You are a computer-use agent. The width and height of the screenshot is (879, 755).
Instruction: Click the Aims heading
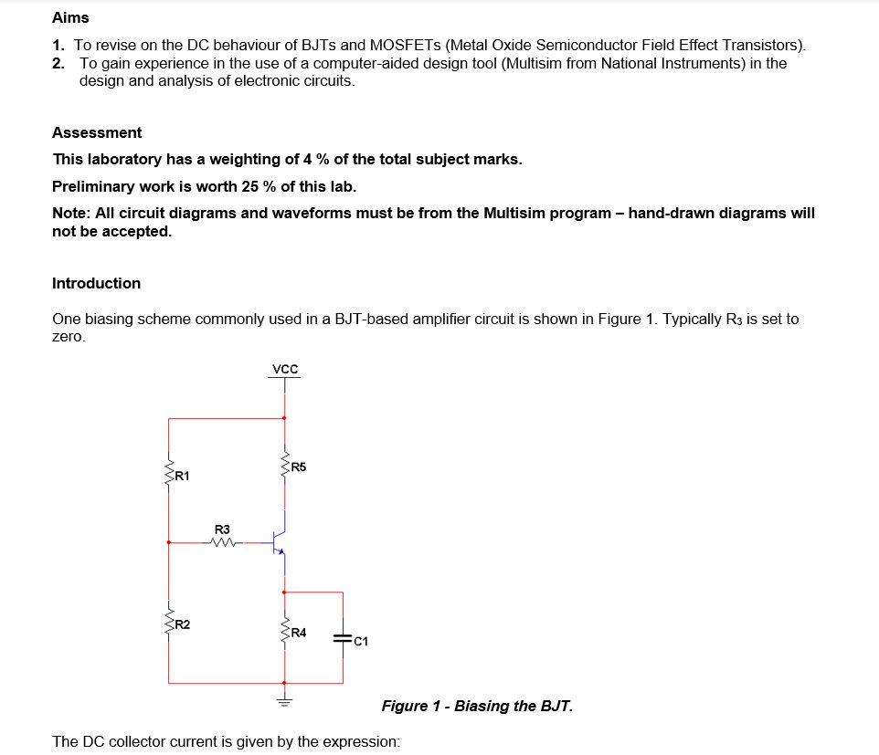click(70, 17)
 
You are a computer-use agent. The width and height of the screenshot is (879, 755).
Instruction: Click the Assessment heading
click(97, 132)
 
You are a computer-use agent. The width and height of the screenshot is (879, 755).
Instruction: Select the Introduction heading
click(96, 283)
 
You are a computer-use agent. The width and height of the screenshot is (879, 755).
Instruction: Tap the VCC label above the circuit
click(285, 370)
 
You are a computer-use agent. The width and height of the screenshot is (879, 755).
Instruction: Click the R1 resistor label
click(182, 476)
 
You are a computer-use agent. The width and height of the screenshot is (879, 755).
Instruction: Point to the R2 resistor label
click(182, 624)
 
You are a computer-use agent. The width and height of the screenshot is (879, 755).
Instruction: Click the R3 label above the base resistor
click(222, 529)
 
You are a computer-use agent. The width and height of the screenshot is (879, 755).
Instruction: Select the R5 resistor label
click(299, 467)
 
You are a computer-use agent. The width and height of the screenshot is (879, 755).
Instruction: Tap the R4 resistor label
click(299, 632)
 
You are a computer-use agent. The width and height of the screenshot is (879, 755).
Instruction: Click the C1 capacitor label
click(361, 641)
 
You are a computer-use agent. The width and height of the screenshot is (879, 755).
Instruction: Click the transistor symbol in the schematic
click(281, 542)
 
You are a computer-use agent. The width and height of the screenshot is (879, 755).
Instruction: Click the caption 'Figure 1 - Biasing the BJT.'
click(477, 706)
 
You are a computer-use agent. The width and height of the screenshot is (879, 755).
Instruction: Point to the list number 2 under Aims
click(58, 63)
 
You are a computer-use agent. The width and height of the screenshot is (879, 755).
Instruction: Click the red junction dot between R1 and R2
click(169, 542)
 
